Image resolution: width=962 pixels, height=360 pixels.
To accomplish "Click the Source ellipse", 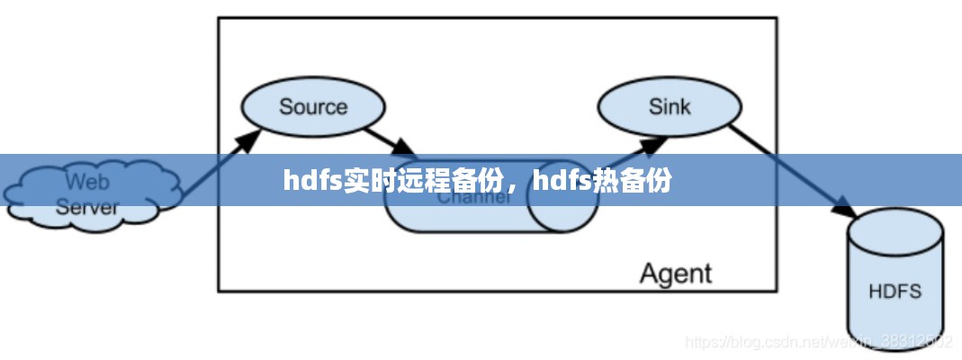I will [x=312, y=107].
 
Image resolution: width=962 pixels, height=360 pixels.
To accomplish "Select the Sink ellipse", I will [x=670, y=107].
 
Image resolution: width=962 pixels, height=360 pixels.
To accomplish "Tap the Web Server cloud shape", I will [x=88, y=194].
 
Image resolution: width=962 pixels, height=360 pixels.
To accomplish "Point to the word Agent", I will [x=675, y=273].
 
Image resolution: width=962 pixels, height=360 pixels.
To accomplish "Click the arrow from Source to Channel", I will [x=389, y=139].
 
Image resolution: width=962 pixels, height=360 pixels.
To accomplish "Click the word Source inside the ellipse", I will [x=312, y=107].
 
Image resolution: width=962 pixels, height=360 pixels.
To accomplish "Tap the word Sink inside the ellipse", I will [x=670, y=107].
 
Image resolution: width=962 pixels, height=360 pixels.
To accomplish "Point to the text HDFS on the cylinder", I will [x=895, y=292].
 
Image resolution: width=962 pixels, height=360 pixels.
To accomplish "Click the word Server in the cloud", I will [x=87, y=208].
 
